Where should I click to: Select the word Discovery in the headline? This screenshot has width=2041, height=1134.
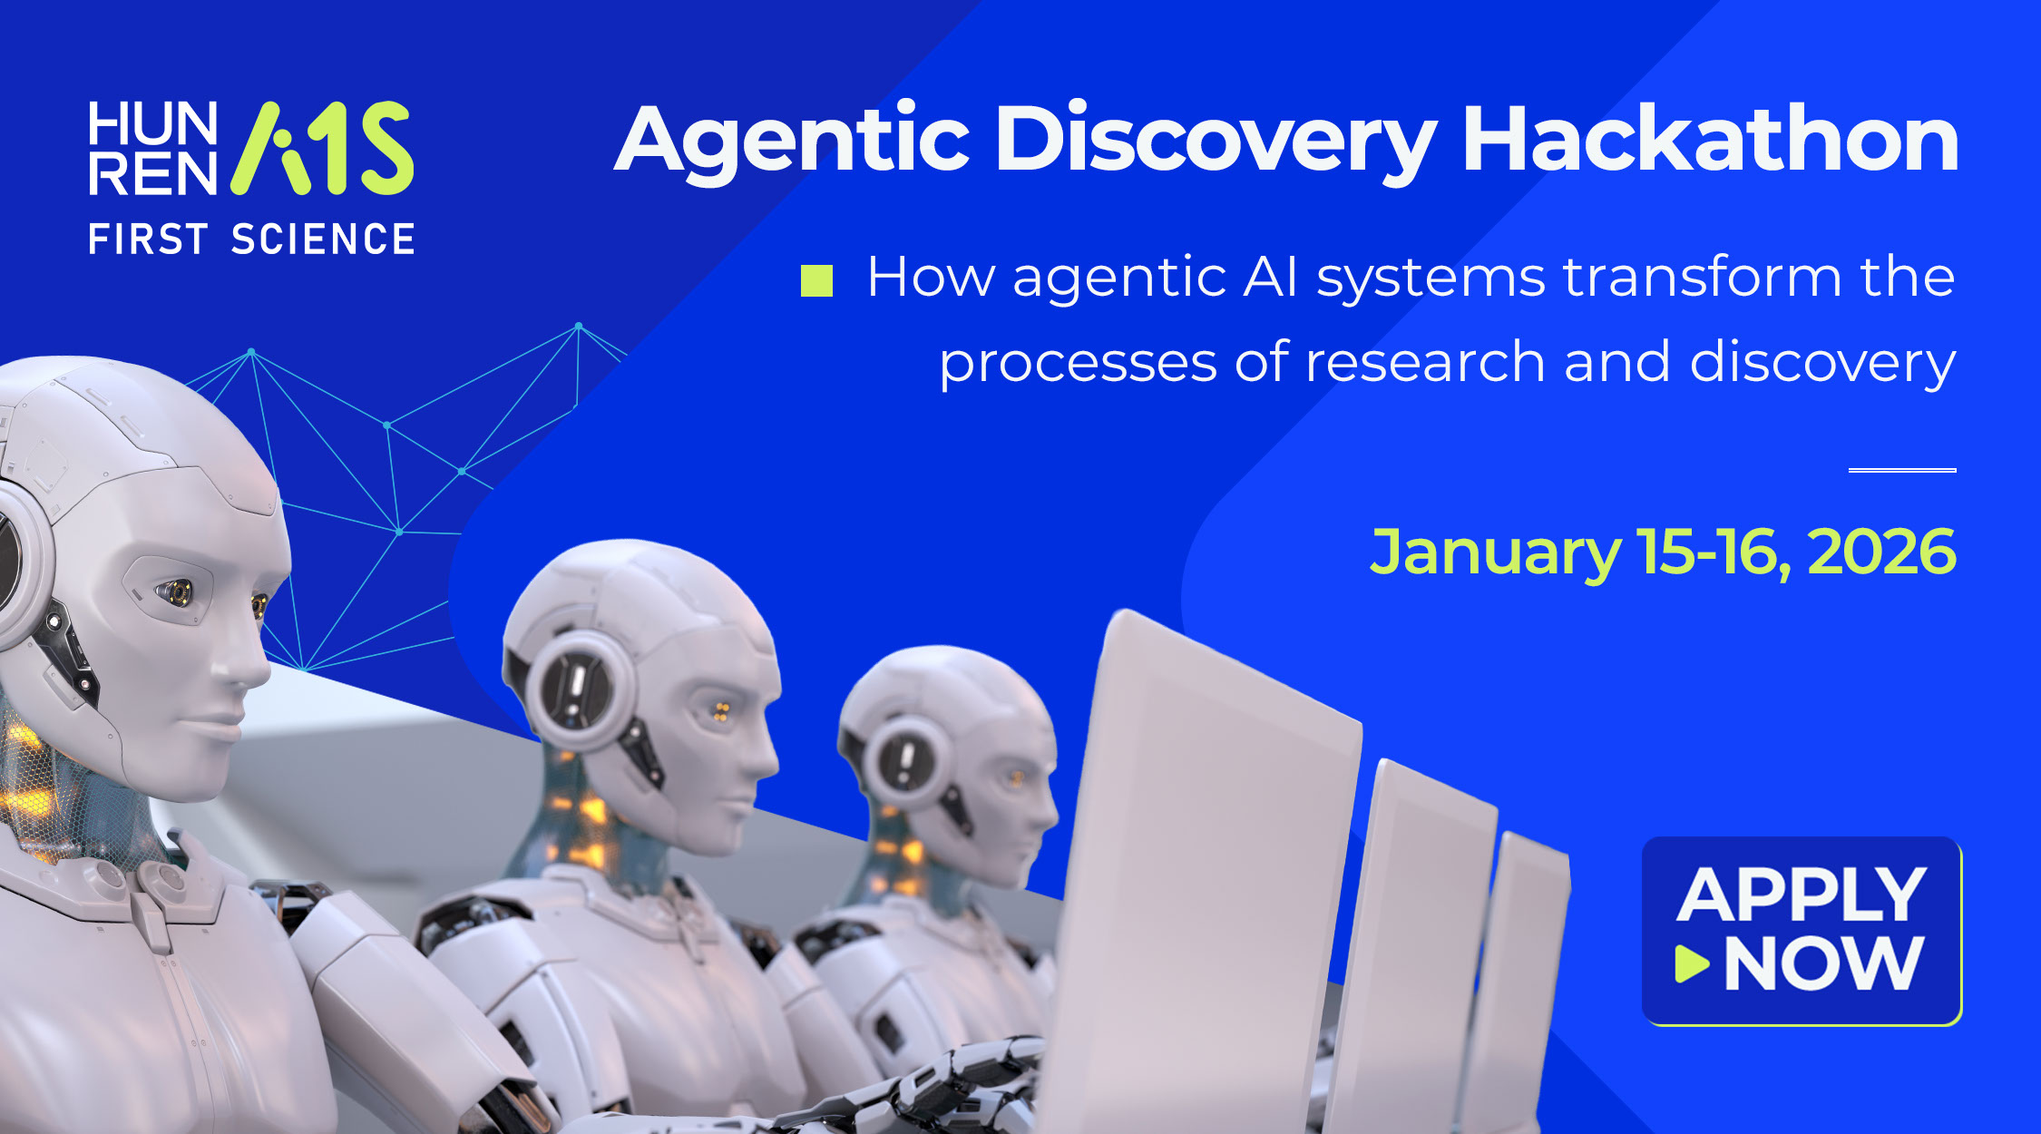tap(1216, 143)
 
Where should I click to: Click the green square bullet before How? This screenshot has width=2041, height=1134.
tap(816, 280)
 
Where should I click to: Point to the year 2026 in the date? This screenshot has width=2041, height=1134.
tap(1881, 552)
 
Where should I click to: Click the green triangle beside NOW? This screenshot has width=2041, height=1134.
tap(1692, 963)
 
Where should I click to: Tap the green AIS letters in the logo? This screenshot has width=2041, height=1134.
tap(322, 148)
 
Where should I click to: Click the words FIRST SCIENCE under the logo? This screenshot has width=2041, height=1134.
tap(251, 240)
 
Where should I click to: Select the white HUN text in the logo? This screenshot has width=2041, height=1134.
tap(153, 123)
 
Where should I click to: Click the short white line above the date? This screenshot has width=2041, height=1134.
tap(1902, 470)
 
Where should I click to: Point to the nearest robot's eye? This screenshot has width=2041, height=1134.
tap(175, 592)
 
